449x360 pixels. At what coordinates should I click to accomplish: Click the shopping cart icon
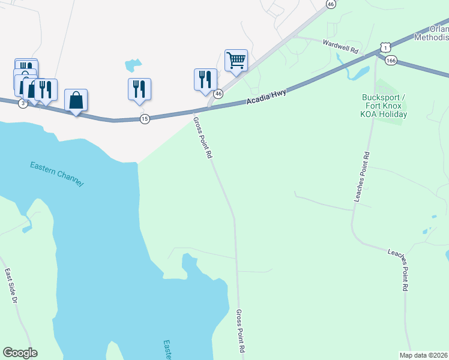pyautogui.click(x=237, y=59)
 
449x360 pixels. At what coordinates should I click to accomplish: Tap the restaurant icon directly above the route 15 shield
pyautogui.click(x=139, y=88)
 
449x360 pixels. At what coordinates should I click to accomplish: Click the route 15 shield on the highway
pyautogui.click(x=144, y=119)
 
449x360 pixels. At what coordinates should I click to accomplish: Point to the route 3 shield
pyautogui.click(x=23, y=104)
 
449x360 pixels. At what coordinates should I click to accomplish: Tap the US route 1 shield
pyautogui.click(x=385, y=47)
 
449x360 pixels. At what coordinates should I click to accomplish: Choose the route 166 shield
pyautogui.click(x=391, y=60)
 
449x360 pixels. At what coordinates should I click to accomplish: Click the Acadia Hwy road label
pyautogui.click(x=266, y=96)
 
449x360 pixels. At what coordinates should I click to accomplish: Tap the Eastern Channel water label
pyautogui.click(x=57, y=173)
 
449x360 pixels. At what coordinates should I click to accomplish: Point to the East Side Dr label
pyautogui.click(x=10, y=284)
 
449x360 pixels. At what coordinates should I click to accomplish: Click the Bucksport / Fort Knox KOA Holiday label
pyautogui.click(x=385, y=106)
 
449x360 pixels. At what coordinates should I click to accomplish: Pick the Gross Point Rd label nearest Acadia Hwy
pyautogui.click(x=203, y=137)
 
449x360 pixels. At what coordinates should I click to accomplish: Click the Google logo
pyautogui.click(x=20, y=353)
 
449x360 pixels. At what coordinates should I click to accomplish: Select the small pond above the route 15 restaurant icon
pyautogui.click(x=133, y=65)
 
